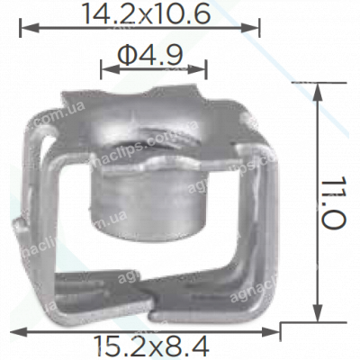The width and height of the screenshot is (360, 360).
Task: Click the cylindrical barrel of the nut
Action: coord(151,202)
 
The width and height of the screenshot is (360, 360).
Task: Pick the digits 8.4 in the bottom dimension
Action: coord(192,344)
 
